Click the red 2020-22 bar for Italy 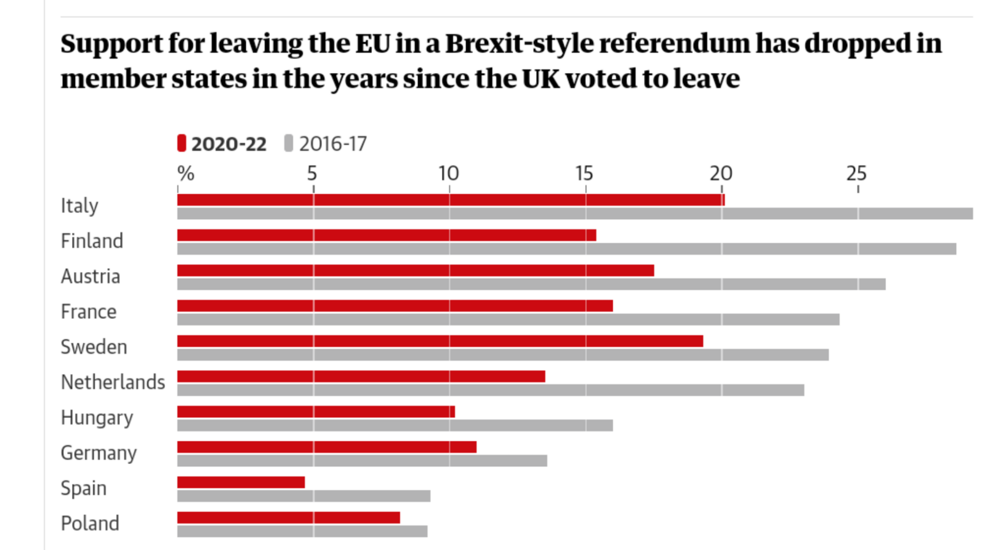coord(451,200)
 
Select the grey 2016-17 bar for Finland coord(566,249)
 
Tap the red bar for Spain coord(241,482)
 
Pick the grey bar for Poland coord(302,531)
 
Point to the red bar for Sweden coord(440,341)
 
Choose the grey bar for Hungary coord(395,425)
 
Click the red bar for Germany coord(327,447)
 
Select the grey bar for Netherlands coord(491,390)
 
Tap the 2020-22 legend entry coord(222,144)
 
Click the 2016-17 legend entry coord(326,144)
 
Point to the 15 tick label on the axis coord(584,173)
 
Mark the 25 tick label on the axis coord(856,173)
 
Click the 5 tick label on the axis coord(312,173)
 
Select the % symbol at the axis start coord(186,173)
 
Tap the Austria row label coord(90,276)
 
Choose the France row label coord(89,311)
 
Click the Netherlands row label coord(113,382)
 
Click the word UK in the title coord(541,79)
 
